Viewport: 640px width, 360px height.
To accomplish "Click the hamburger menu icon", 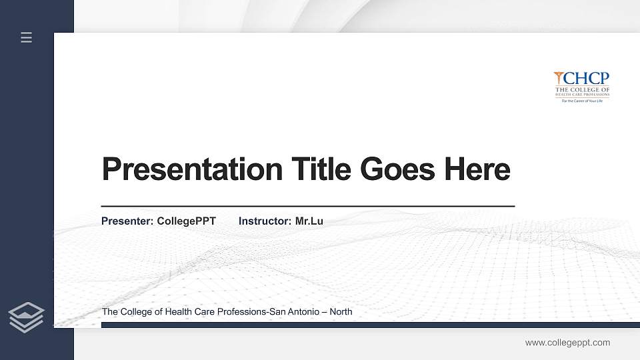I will point(27,37).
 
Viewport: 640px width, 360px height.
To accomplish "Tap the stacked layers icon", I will point(26,317).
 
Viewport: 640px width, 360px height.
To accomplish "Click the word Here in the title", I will point(477,169).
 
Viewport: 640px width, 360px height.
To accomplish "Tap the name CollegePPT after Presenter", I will point(186,221).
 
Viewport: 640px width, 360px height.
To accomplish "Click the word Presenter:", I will point(127,221).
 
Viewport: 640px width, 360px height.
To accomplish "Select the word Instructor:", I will point(265,221).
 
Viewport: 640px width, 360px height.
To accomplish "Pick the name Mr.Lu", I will point(309,221).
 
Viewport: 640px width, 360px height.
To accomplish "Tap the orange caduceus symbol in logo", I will point(559,79).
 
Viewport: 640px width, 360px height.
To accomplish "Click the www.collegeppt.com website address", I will point(567,343).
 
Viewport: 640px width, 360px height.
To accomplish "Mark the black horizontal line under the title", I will point(307,207).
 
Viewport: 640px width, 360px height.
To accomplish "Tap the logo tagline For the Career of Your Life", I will point(582,101).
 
